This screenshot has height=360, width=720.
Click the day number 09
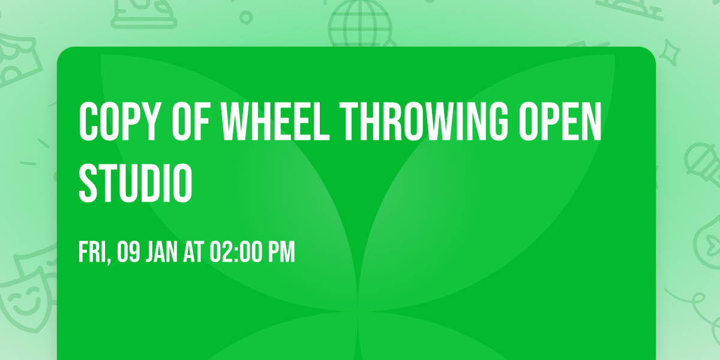tap(128, 253)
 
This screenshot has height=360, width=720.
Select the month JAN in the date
tap(161, 253)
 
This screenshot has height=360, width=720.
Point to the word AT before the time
tap(194, 253)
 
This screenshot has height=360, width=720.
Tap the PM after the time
tap(281, 253)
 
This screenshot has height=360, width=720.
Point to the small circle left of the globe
tap(245, 17)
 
